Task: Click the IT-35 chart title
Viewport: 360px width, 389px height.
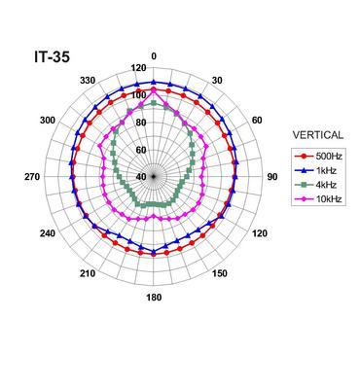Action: [x=52, y=57]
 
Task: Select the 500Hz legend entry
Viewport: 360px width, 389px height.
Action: [x=318, y=156]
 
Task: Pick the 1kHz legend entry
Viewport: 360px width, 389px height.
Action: [x=315, y=170]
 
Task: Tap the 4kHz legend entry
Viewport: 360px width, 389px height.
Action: [x=315, y=185]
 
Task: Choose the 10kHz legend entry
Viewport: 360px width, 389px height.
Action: [x=318, y=199]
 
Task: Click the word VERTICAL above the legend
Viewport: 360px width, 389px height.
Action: [x=318, y=135]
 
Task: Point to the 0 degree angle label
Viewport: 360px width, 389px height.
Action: [x=154, y=56]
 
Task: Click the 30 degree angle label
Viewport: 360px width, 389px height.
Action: [x=217, y=81]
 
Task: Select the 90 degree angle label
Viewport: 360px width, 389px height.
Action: [x=272, y=177]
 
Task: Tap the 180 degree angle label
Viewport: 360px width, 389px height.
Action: [x=154, y=298]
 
